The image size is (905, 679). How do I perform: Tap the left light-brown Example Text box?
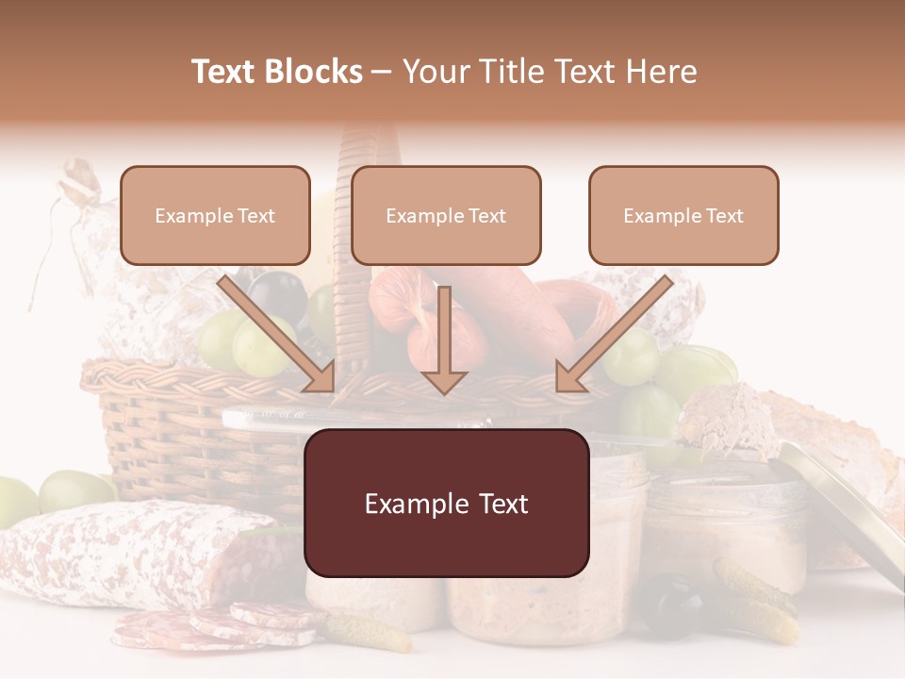(x=215, y=215)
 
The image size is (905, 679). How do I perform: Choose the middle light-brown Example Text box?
(x=446, y=215)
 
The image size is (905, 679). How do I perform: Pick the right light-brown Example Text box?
(x=683, y=215)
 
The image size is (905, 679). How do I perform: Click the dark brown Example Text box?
(x=446, y=503)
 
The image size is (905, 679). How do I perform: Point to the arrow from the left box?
(x=278, y=335)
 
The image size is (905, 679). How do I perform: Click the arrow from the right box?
(x=614, y=335)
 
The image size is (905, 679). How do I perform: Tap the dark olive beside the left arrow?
(x=280, y=292)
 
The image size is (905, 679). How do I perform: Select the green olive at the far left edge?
(x=14, y=501)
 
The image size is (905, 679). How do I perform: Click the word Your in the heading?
(x=435, y=72)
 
